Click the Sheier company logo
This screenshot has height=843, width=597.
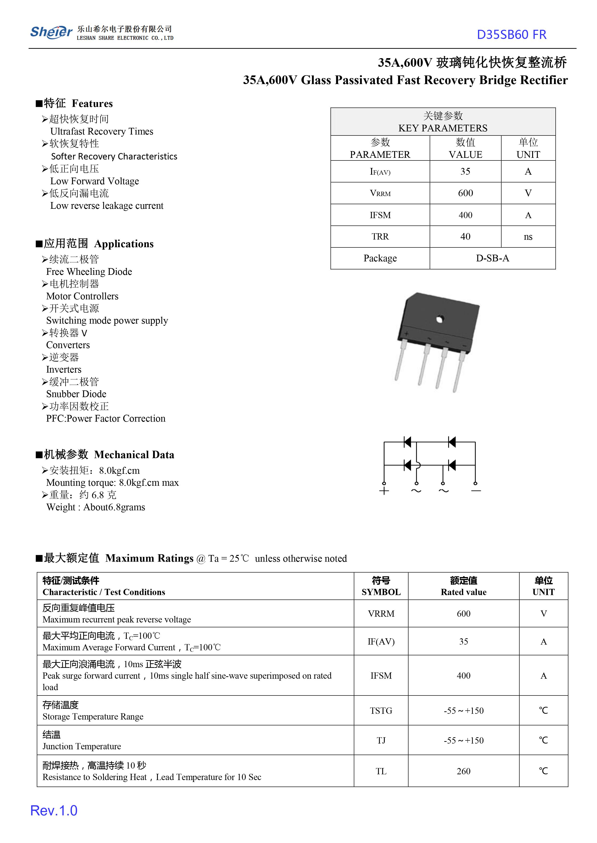[x=51, y=32]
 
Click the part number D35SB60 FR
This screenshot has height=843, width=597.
[x=511, y=35]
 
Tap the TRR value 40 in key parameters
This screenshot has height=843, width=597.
[x=465, y=237]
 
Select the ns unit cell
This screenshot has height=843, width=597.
[x=528, y=237]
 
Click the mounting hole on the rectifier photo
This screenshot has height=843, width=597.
[x=440, y=319]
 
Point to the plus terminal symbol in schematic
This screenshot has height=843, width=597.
[x=384, y=491]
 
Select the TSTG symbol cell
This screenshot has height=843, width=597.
[x=381, y=711]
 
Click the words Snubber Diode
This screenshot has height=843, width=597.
[x=76, y=394]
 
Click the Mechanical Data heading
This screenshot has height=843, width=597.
[x=134, y=455]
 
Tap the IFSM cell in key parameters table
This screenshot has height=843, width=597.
[x=380, y=215]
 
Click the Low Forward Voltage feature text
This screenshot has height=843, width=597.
[x=94, y=181]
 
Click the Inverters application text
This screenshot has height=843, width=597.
[x=64, y=369]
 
